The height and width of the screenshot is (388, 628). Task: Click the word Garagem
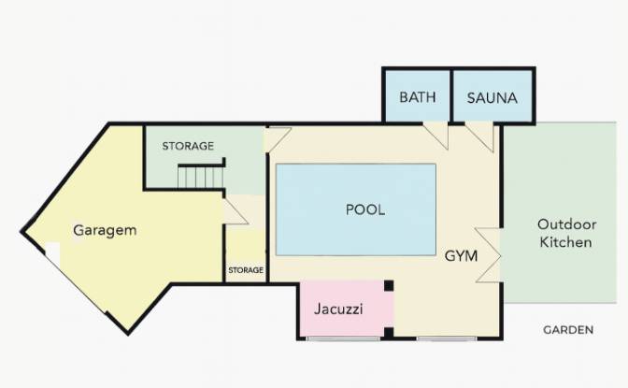tap(105, 231)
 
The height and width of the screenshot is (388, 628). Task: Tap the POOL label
tap(365, 209)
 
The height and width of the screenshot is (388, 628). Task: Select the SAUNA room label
tap(492, 98)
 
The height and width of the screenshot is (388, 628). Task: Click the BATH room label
tap(418, 97)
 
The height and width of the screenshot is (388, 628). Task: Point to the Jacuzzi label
tap(338, 309)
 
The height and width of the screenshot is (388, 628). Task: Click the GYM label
tap(461, 256)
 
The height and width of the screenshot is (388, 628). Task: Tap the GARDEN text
tap(568, 330)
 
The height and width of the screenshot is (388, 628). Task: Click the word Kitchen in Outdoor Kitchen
tap(565, 242)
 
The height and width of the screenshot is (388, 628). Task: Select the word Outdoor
tap(566, 224)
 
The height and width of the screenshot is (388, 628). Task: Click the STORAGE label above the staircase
tap(188, 146)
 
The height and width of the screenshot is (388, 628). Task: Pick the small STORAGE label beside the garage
tap(246, 270)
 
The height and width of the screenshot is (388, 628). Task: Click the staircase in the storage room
tap(201, 177)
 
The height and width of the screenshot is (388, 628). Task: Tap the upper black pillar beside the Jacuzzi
tap(389, 286)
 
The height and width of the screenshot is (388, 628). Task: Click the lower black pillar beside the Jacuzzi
tap(389, 332)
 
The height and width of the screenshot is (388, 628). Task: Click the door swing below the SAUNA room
tap(479, 137)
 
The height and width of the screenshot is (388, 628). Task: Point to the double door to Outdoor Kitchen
tap(488, 255)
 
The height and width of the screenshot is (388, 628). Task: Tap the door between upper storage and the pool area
tap(278, 139)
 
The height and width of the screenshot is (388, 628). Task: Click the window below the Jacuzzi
tap(343, 338)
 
